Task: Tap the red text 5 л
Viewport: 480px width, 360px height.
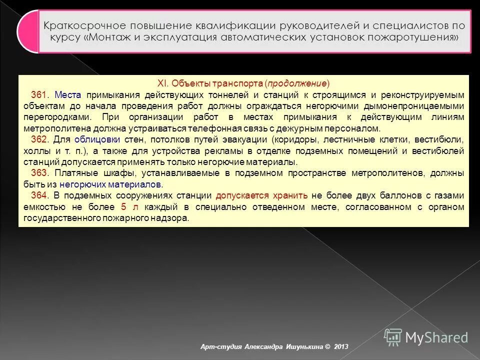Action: point(125,206)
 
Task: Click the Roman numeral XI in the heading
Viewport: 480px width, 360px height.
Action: point(161,83)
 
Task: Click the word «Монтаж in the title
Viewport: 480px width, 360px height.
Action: point(113,37)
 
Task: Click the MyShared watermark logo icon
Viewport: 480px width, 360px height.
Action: point(393,336)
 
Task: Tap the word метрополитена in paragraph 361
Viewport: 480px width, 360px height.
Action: point(48,128)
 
